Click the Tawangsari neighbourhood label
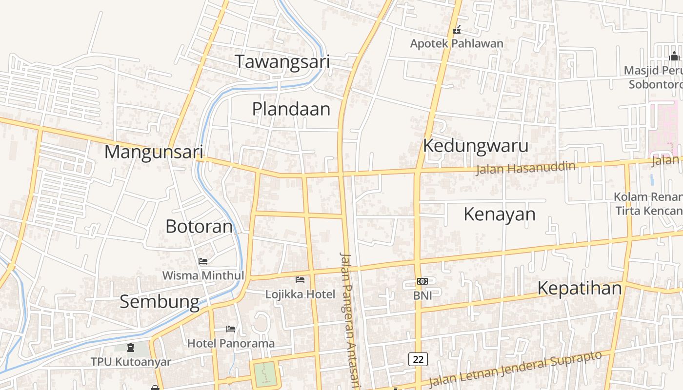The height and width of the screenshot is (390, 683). pos(282,62)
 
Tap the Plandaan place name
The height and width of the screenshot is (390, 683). pos(291,109)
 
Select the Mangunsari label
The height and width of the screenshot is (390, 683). pos(153,152)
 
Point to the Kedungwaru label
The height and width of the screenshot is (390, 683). pos(475,145)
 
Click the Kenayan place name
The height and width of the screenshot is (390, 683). pos(499,214)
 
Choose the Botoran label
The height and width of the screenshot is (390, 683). pos(199,226)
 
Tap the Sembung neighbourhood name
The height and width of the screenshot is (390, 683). pos(160,301)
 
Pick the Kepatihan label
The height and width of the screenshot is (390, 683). pos(579,288)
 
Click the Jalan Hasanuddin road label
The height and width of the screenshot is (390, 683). pos(525,168)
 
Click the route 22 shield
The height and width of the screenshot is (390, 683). pos(418,359)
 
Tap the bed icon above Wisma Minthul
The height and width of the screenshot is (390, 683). pos(203,261)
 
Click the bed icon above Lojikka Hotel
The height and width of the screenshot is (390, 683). pos(300,280)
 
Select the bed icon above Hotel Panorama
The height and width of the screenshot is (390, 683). pos(231,329)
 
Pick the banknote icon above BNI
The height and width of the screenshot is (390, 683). pos(422,281)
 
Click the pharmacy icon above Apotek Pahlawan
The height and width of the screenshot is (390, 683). pos(457,30)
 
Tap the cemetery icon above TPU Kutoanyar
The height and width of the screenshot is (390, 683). pos(131,348)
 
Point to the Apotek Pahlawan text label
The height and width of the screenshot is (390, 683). pos(456,43)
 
